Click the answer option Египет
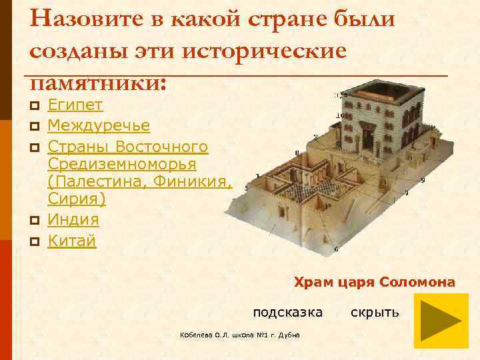click(x=75, y=105)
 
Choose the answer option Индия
click(x=73, y=219)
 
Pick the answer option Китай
click(x=72, y=240)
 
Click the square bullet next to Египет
click(x=35, y=106)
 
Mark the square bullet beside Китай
click(x=35, y=241)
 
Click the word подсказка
click(x=287, y=312)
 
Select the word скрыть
click(x=375, y=312)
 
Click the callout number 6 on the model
click(x=336, y=249)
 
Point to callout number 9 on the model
click(x=423, y=180)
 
